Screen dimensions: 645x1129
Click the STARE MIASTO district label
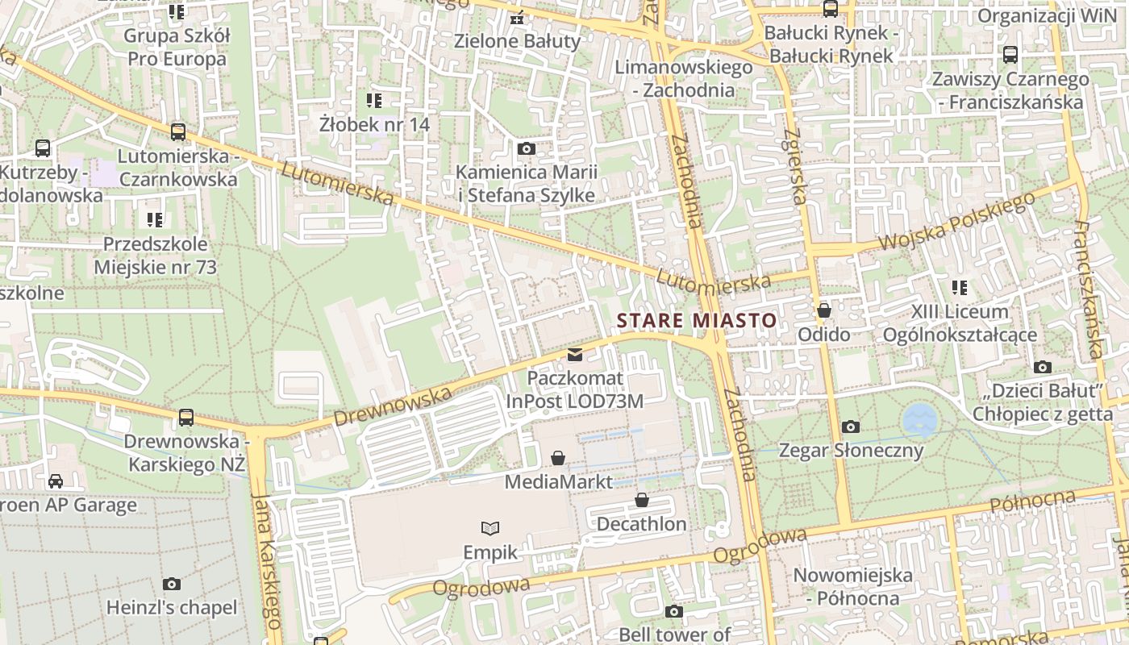697,320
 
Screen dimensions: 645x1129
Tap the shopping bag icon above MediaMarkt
557,459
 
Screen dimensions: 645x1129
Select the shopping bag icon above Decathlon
642,501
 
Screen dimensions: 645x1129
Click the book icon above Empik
490,529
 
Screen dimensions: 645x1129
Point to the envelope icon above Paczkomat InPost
575,355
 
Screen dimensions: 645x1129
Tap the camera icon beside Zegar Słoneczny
850,427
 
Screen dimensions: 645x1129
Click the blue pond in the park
920,420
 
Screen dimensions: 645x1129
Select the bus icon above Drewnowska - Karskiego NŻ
186,418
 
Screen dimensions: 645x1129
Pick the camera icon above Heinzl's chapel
172,585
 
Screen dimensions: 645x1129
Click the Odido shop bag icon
824,310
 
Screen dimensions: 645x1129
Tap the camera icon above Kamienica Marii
527,149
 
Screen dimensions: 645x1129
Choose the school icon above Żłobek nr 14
374,101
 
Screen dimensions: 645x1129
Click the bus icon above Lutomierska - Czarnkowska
178,132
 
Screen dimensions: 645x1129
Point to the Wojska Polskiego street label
956,222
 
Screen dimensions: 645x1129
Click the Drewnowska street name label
392,406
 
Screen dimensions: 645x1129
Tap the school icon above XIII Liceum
960,288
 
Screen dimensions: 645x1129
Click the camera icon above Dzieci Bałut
1043,368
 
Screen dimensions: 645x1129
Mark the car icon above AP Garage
56,481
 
